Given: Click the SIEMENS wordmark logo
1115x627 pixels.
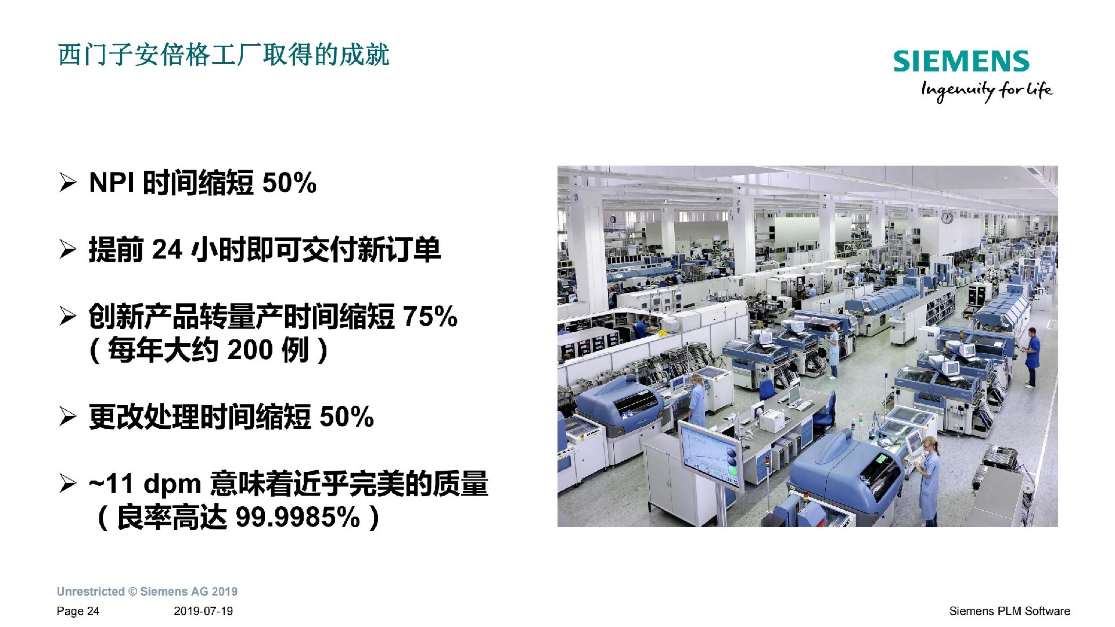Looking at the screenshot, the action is tap(961, 62).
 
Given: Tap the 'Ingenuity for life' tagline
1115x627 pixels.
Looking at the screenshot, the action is tap(987, 91).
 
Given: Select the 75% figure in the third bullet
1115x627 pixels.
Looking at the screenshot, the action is tap(430, 317).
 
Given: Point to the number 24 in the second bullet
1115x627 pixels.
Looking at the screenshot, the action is tap(167, 250).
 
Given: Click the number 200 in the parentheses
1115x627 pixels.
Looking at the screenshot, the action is tap(250, 350).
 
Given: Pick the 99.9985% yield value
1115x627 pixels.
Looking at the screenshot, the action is tap(298, 517).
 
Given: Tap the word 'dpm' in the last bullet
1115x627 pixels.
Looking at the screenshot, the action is tap(172, 484).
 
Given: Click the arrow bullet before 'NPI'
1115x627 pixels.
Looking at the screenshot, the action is tap(67, 183).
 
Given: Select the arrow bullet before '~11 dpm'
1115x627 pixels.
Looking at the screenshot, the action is tap(67, 484).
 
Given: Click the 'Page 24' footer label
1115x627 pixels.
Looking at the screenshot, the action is tap(78, 611).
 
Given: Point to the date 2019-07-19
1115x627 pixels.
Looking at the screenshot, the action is tap(203, 611).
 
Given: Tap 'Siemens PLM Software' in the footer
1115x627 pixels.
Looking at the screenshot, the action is tap(1009, 611).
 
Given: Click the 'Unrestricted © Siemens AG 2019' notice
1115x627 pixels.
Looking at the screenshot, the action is tap(148, 592).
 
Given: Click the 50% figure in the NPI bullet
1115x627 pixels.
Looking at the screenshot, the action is tap(289, 183).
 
